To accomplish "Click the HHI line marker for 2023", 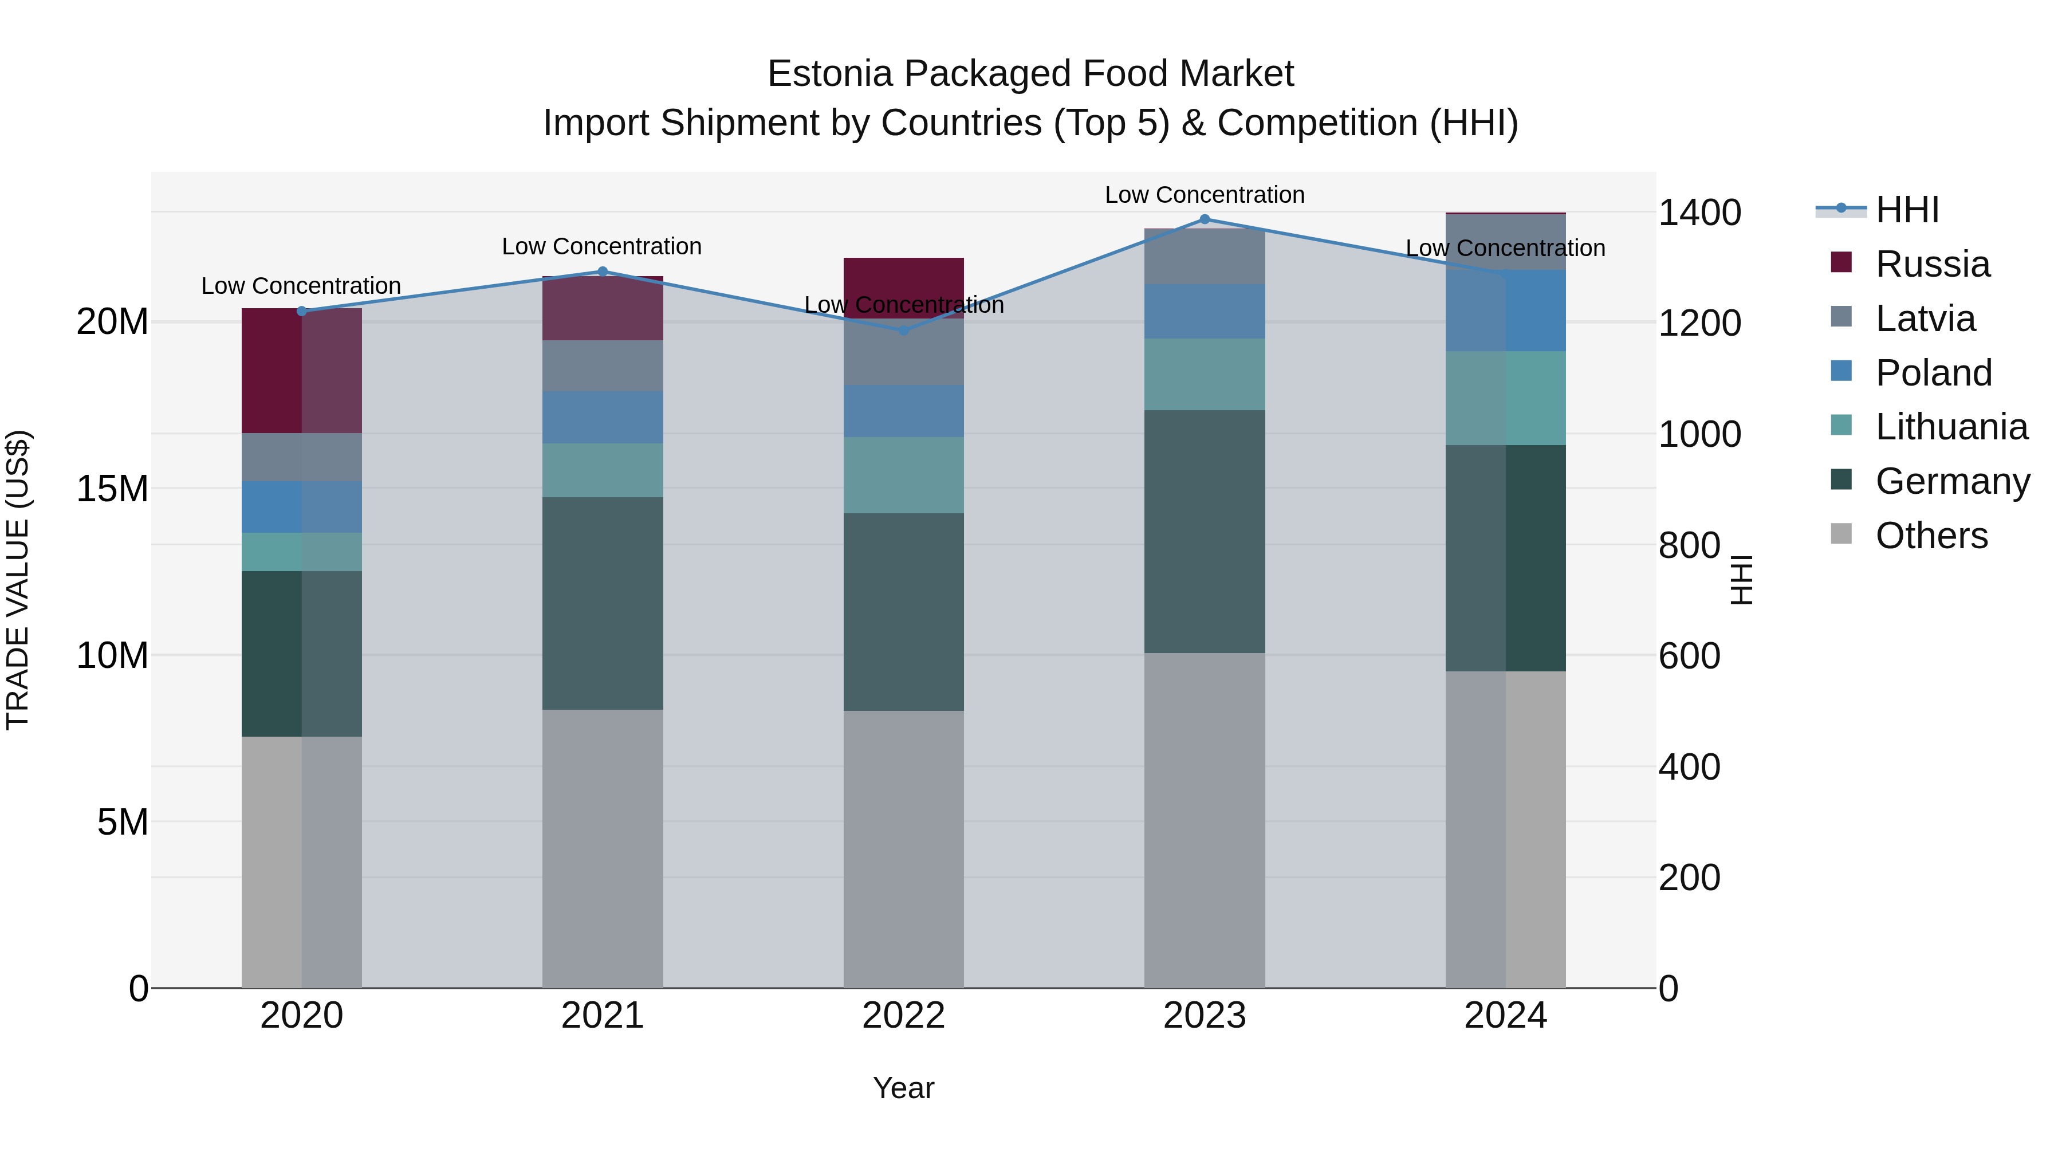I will (x=1205, y=219).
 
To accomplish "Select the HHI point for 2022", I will (x=904, y=330).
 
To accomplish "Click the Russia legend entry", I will (x=1933, y=264).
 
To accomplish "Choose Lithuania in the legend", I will (x=1951, y=427).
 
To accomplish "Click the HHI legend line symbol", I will (x=1841, y=209).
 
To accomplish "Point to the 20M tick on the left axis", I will (x=112, y=322).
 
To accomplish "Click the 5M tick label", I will (x=123, y=822).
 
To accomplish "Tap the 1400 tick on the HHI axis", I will (x=1699, y=213).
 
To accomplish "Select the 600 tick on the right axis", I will (x=1689, y=656).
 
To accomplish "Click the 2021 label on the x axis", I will (x=603, y=1016).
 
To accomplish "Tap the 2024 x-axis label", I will (x=1506, y=1016).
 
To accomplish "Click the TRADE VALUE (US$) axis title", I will (x=18, y=580).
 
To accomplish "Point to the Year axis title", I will (x=904, y=1088).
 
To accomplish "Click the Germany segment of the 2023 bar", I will (x=1205, y=532).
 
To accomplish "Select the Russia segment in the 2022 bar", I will (x=904, y=286).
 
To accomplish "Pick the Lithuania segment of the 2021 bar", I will (x=603, y=471).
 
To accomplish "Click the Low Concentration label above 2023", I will (x=1205, y=195).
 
